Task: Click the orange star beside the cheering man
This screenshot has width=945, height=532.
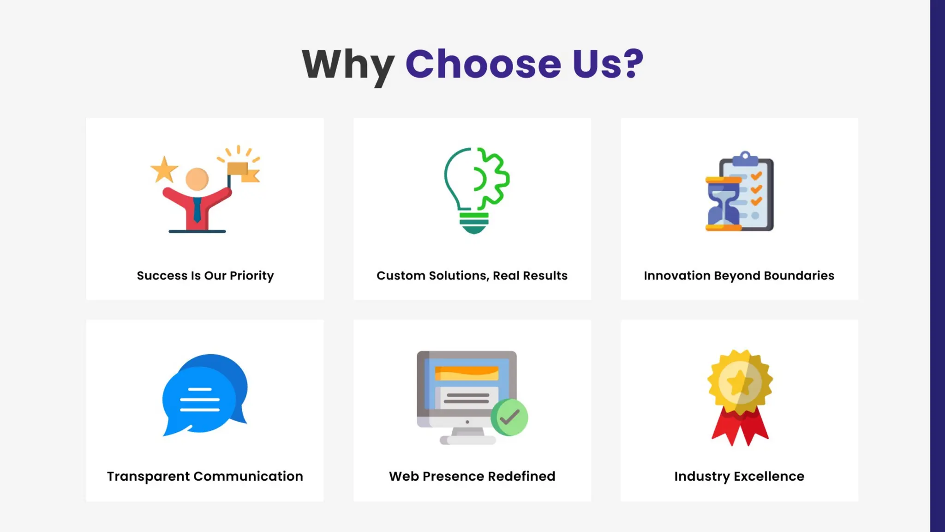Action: click(x=164, y=169)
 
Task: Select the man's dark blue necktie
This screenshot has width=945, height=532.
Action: click(x=197, y=209)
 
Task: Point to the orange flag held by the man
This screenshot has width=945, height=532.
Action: click(x=243, y=171)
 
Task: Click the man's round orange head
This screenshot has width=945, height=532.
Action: click(x=197, y=179)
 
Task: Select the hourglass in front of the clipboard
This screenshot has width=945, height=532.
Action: click(x=723, y=203)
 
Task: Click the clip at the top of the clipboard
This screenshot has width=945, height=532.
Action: click(x=745, y=158)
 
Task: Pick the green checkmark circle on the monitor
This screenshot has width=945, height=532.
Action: click(x=509, y=417)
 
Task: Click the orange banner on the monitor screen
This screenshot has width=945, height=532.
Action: click(x=467, y=373)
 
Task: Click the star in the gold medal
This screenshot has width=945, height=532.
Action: click(x=740, y=382)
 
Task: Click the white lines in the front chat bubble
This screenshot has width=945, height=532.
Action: click(x=200, y=400)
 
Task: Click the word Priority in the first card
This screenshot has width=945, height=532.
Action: click(x=251, y=276)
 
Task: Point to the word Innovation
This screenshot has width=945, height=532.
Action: click(x=677, y=276)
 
